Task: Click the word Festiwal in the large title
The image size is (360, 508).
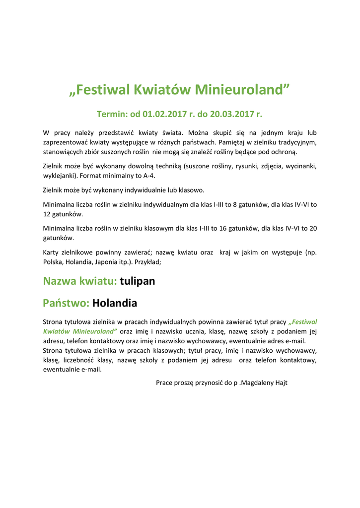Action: click(x=102, y=90)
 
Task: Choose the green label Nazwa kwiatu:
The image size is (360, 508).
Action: click(x=80, y=281)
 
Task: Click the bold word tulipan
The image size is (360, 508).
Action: click(x=138, y=281)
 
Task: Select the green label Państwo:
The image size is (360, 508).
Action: click(x=66, y=303)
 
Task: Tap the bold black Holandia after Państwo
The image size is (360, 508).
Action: click(x=115, y=303)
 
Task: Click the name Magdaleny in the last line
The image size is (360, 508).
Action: click(x=258, y=382)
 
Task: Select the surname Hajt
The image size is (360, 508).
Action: click(x=281, y=382)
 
